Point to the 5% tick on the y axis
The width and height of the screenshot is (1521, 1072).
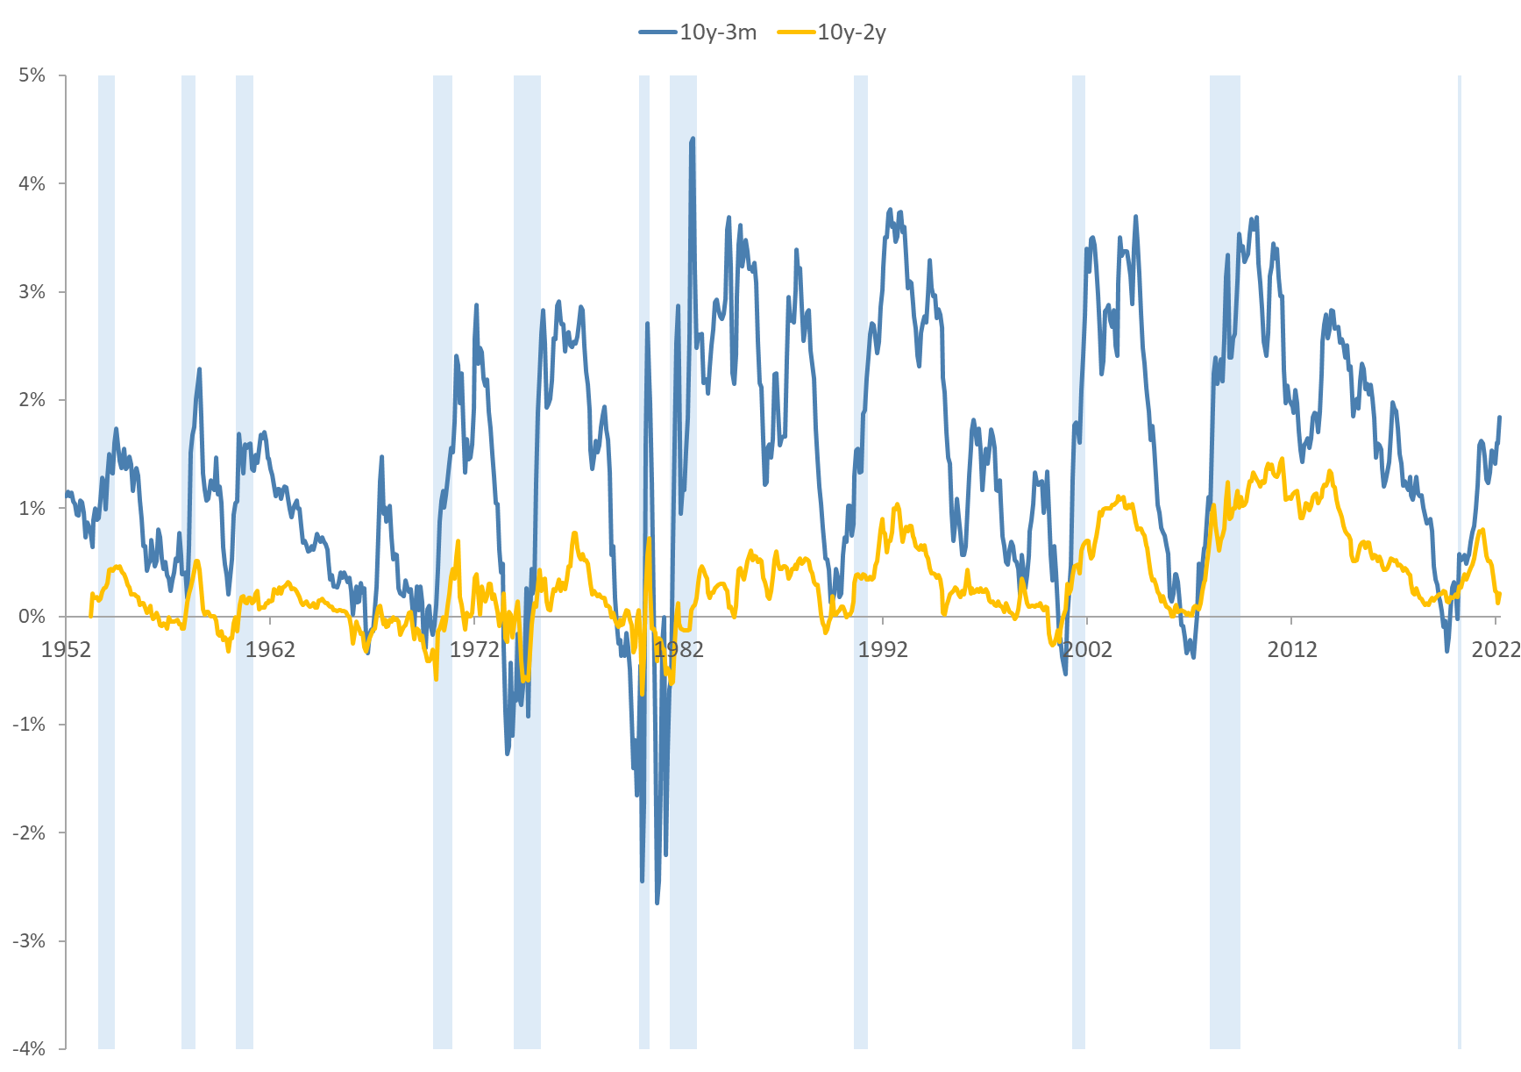pos(32,75)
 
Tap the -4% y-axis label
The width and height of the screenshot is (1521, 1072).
pos(30,1048)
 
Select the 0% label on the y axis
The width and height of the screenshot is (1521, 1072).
pos(32,616)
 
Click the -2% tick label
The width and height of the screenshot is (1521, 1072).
pos(30,833)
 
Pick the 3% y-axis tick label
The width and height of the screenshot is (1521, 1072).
pos(32,292)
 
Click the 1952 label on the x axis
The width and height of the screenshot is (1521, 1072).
pos(66,650)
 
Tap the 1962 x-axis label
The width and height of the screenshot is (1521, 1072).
pos(270,650)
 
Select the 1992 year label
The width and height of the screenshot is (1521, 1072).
pos(883,650)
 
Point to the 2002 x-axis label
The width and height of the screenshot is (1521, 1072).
pos(1087,650)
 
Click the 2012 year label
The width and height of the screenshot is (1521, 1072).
pos(1291,650)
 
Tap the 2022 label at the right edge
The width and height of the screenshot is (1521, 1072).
pos(1496,650)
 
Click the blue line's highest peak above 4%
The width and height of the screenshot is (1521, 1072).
pos(693,138)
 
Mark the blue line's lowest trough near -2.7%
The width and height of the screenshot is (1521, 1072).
pos(657,902)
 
